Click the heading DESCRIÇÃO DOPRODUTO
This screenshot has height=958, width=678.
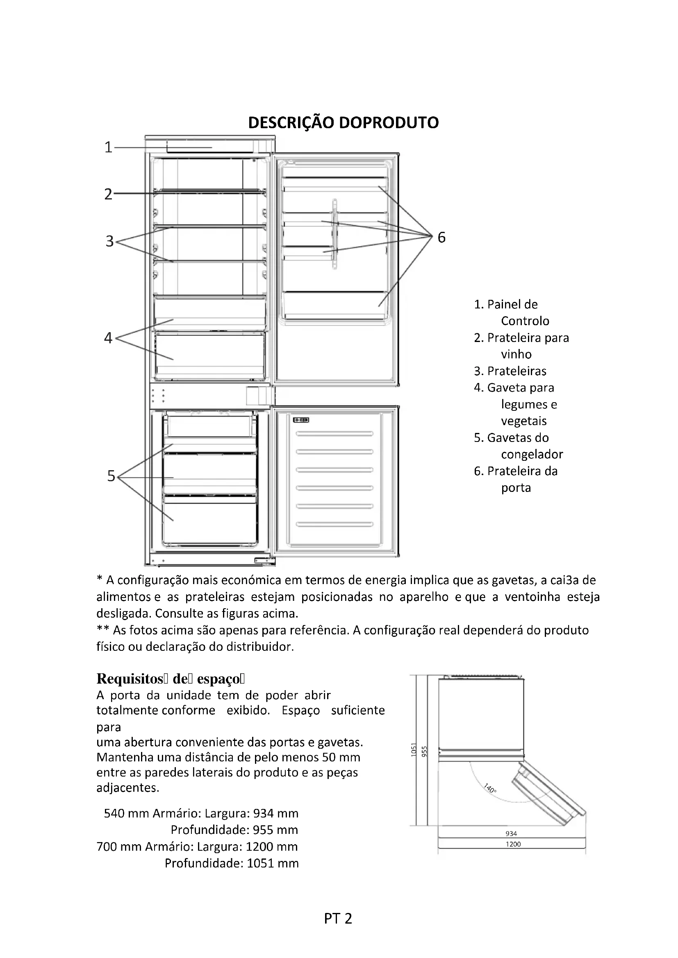point(343,123)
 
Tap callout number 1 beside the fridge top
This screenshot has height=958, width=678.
point(108,147)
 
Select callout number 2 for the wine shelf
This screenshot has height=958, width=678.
point(108,195)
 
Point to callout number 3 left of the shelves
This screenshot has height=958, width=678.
point(109,241)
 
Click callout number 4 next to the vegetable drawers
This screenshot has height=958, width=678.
point(108,337)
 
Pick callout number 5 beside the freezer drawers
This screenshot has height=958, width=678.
point(111,476)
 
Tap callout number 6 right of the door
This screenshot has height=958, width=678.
point(441,238)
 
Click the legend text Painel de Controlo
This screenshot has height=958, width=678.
point(512,313)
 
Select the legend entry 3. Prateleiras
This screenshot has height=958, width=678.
point(510,371)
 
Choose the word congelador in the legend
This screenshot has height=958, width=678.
point(532,454)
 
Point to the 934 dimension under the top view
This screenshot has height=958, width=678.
point(511,833)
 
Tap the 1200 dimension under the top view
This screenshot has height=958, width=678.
point(513,844)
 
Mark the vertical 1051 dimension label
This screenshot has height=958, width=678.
point(414,750)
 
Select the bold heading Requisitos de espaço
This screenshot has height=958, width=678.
point(171,679)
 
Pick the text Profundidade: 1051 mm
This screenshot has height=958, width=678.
point(232,863)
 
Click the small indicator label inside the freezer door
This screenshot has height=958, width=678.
point(300,420)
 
